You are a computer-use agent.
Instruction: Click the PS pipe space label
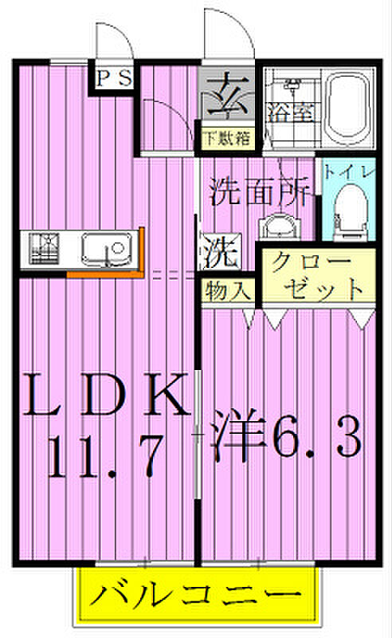[114, 78]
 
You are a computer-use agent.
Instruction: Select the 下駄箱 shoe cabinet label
[227, 140]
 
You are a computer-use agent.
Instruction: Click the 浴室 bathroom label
[290, 112]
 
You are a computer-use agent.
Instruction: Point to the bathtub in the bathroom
[348, 108]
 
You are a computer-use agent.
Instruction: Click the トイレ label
[348, 172]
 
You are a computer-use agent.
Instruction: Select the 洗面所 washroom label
[261, 192]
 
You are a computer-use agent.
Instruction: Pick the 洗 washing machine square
[220, 251]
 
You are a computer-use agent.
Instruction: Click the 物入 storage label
[227, 290]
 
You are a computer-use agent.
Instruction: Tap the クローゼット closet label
[317, 276]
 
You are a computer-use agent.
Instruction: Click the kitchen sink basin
[108, 249]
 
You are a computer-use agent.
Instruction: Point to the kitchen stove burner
[45, 249]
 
